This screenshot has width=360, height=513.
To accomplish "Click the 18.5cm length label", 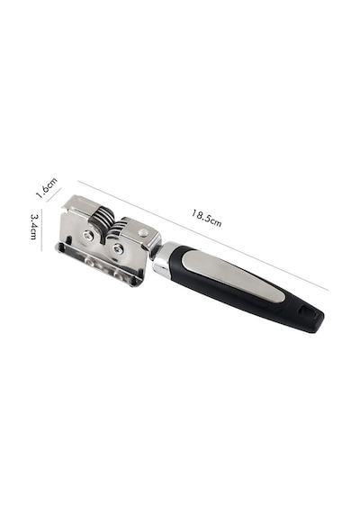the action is click(206, 218).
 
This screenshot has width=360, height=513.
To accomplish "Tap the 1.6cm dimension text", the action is click(46, 188).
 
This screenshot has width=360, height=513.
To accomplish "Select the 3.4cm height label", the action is click(34, 227).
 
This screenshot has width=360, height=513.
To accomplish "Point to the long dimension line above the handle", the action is click(202, 235).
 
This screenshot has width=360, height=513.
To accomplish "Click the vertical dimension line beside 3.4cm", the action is click(41, 230).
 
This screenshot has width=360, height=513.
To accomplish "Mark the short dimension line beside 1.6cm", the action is click(54, 195).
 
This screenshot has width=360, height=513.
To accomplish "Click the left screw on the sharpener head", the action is click(88, 234).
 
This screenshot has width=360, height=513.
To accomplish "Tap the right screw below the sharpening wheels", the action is click(117, 249).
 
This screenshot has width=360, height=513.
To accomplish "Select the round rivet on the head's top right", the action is click(141, 232).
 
